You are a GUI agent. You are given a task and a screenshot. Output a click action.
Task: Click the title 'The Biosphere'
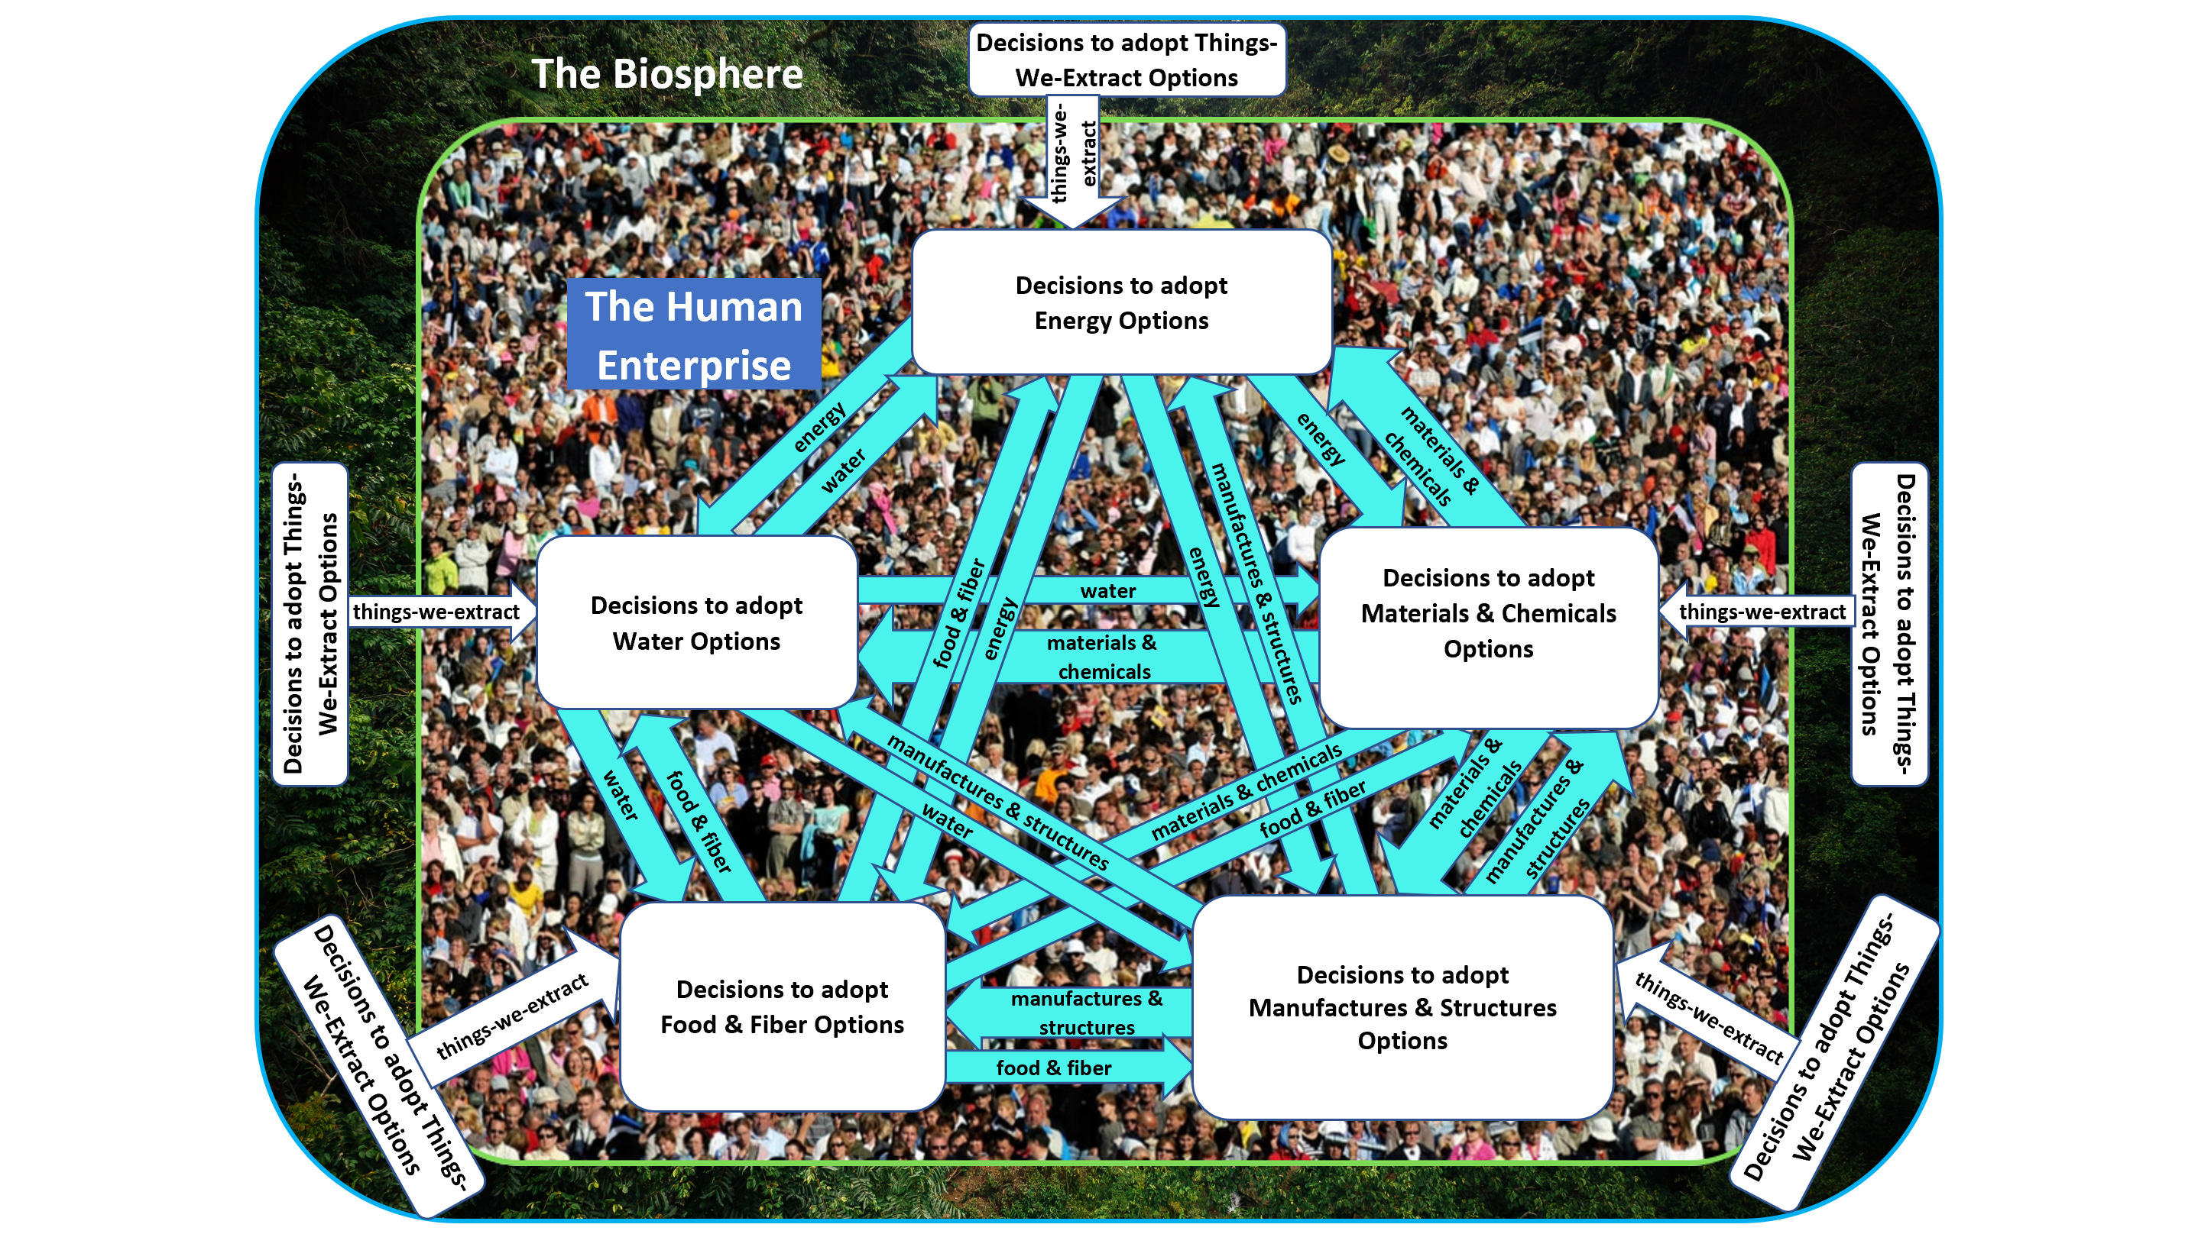[x=666, y=73]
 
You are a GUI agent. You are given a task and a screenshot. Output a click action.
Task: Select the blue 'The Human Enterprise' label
[x=693, y=334]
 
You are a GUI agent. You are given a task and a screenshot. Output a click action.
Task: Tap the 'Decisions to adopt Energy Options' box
[x=1120, y=302]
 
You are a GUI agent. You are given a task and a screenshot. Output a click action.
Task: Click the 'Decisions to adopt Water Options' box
[x=696, y=622]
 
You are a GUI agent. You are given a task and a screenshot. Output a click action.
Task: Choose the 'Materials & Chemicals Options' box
[x=1487, y=614]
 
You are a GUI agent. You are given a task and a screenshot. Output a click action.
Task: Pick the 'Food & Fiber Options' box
[x=782, y=1006]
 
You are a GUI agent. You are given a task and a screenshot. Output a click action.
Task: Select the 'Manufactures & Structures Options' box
[x=1402, y=1007]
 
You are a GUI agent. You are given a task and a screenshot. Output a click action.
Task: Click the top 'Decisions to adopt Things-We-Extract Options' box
[x=1127, y=60]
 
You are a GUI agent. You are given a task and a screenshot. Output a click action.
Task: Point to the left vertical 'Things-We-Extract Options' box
[x=310, y=623]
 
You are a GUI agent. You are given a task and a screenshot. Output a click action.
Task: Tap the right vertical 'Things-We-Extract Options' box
[x=1888, y=623]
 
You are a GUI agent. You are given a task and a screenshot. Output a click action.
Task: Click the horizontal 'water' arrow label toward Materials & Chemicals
[x=1107, y=590]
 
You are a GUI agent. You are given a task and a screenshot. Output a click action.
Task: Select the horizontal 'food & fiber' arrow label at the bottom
[x=1054, y=1068]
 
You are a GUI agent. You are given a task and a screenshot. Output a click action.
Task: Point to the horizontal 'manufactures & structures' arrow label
[x=1086, y=1013]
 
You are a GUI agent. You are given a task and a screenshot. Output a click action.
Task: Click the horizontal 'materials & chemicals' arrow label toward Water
[x=1102, y=657]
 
